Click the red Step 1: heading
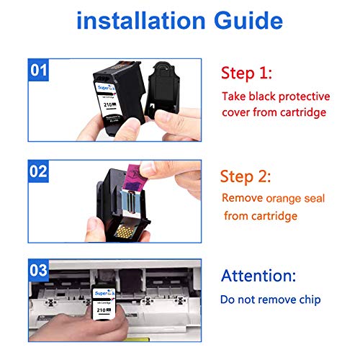point(248,73)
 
